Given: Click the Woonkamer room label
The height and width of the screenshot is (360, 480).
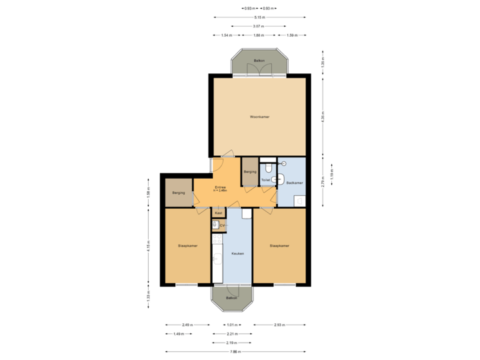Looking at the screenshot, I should click(259, 117).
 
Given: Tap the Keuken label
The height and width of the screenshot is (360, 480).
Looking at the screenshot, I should click(237, 253).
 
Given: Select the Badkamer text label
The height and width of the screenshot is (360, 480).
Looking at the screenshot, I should click(295, 183).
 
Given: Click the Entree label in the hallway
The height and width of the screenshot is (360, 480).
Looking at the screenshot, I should click(220, 187).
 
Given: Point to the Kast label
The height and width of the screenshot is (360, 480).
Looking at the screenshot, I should click(218, 213).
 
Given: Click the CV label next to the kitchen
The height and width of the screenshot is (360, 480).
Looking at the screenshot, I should click(223, 226).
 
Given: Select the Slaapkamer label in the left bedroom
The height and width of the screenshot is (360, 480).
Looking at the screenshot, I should click(187, 246).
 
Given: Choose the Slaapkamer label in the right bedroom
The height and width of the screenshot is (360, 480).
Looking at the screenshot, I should click(279, 246).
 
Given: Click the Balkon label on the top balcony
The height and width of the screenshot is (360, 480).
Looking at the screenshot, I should click(259, 61).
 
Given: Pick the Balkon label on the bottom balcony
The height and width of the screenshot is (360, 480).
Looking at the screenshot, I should click(231, 298).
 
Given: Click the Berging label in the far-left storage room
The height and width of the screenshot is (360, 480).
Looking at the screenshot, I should click(178, 193).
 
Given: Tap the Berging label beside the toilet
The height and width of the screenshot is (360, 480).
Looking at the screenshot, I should click(250, 172).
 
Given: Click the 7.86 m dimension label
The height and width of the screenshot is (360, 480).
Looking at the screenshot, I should click(236, 351).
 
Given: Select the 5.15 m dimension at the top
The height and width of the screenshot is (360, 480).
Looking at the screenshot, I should click(259, 18).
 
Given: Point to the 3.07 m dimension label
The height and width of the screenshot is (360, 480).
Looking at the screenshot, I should click(258, 26).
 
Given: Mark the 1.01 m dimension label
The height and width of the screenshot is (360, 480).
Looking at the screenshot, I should click(231, 325).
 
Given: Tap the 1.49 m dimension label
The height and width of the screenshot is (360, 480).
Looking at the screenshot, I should click(178, 333).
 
